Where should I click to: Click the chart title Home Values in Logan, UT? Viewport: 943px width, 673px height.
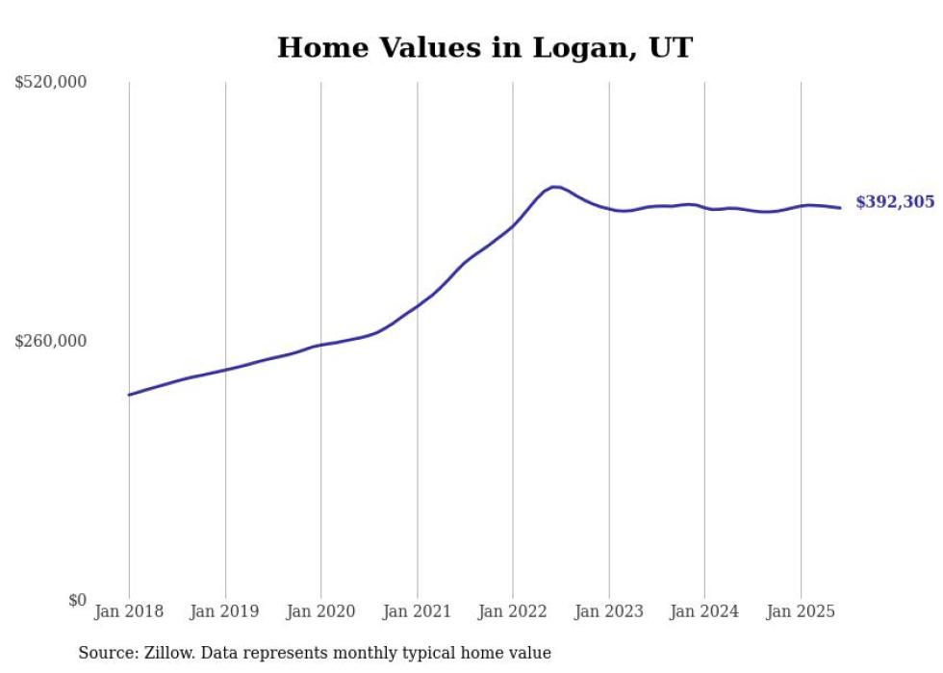[x=484, y=47]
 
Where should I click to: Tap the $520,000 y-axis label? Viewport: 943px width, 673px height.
[x=51, y=83]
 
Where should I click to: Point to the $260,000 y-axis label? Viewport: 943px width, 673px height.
[x=51, y=341]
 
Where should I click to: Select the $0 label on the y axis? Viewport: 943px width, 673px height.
[x=77, y=600]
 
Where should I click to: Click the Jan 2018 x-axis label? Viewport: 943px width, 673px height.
[x=129, y=611]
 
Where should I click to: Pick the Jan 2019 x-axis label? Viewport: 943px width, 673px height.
[x=225, y=611]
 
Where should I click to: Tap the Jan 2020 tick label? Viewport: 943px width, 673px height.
[x=320, y=611]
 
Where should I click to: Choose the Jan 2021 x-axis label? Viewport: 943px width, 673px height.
[x=417, y=611]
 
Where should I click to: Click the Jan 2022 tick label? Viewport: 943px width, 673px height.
[x=513, y=611]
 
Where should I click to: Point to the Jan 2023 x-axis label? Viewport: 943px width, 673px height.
[x=608, y=611]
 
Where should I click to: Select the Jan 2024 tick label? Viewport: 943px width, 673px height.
[x=704, y=611]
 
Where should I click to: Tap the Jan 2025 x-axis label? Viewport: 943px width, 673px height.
[x=801, y=611]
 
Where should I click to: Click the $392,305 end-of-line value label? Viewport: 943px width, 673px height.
[x=895, y=202]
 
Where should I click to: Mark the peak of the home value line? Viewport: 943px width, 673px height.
[x=555, y=187]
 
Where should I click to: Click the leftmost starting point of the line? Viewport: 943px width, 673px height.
[x=129, y=395]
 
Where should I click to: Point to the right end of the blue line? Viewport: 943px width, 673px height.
[x=840, y=208]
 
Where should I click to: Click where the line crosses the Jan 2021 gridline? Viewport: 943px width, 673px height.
[x=417, y=305]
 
